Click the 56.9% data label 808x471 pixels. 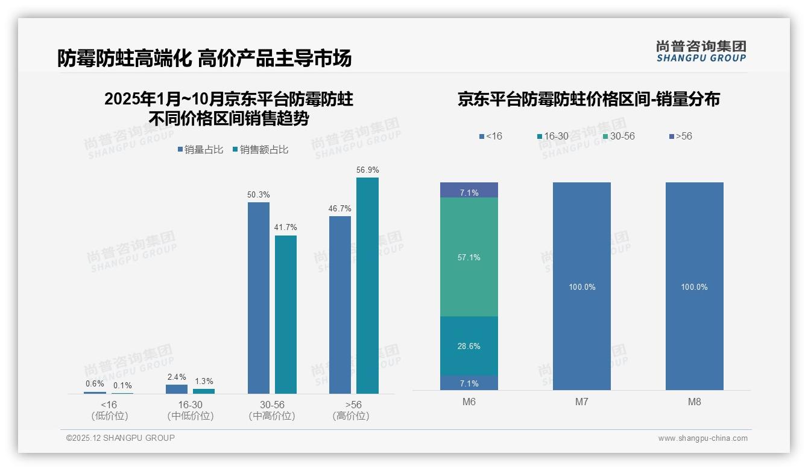tap(367, 170)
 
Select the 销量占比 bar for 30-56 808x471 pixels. tap(259, 298)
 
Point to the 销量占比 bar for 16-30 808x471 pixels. tap(177, 389)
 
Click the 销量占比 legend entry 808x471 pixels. tap(203, 150)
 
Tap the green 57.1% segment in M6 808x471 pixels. tap(469, 257)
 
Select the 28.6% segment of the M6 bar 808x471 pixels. tap(469, 346)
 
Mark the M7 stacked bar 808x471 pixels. tap(581, 286)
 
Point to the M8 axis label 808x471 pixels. tap(694, 402)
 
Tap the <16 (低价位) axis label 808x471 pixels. tap(109, 410)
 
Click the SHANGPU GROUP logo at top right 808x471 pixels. tap(701, 51)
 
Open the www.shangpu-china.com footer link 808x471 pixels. tap(702, 438)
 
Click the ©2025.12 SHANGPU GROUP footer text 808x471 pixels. tap(121, 438)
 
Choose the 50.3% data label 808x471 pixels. tap(259, 195)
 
